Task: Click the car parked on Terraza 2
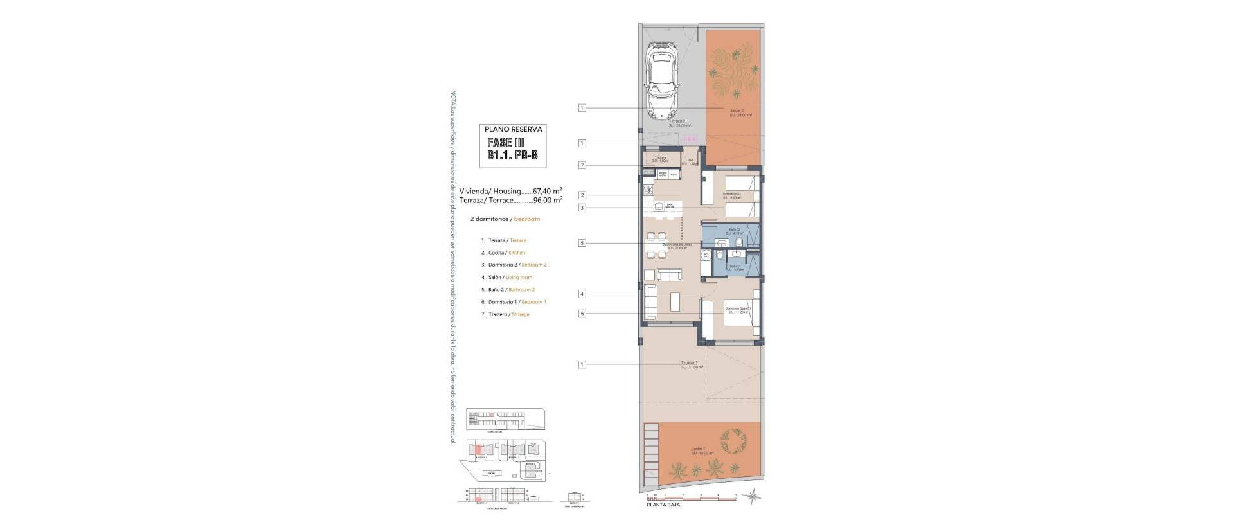click(x=662, y=80)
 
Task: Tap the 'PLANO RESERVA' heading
click(x=514, y=129)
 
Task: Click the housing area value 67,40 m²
click(x=547, y=191)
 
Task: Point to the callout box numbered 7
click(x=582, y=165)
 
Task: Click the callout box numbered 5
click(x=582, y=243)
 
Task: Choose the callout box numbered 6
click(x=582, y=314)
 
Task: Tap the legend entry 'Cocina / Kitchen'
click(x=506, y=253)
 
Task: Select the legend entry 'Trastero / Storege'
click(x=508, y=314)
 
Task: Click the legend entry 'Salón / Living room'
click(x=510, y=277)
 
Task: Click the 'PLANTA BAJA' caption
click(x=663, y=505)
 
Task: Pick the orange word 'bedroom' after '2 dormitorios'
click(x=527, y=219)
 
